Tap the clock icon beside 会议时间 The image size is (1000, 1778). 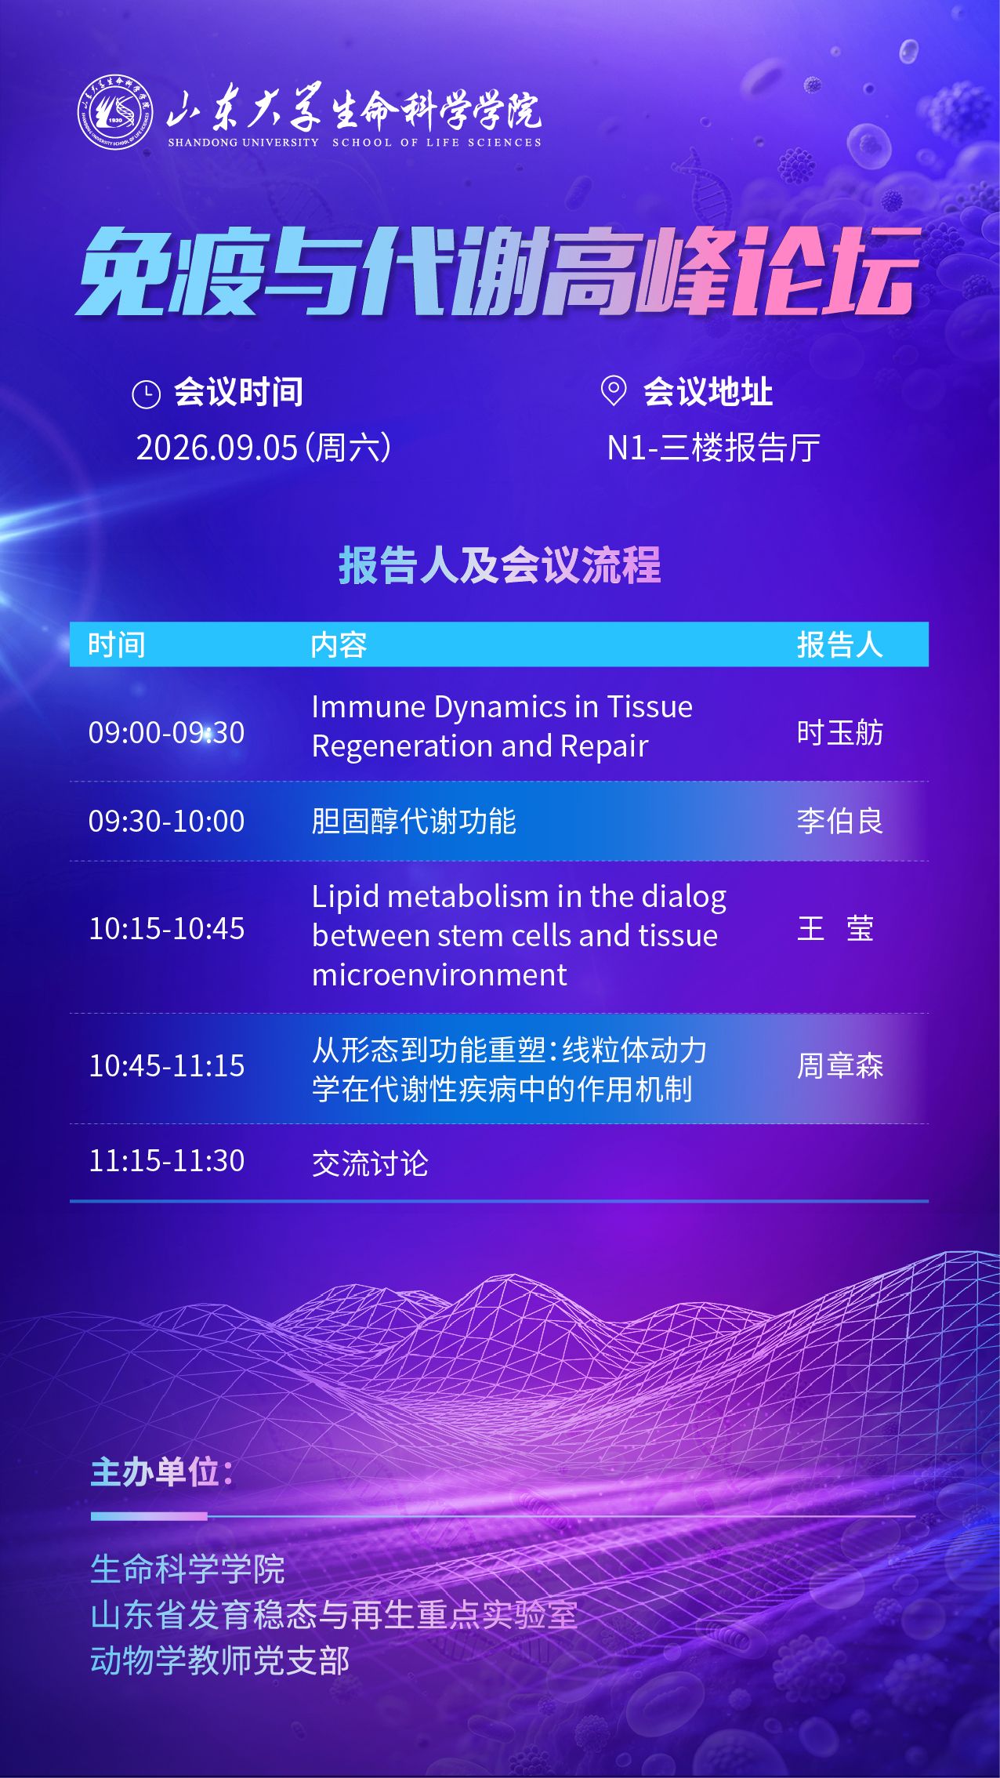pyautogui.click(x=147, y=394)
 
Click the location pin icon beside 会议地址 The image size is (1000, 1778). pyautogui.click(x=613, y=390)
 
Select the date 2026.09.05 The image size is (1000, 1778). pyautogui.click(x=217, y=448)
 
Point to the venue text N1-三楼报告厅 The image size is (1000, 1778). pyautogui.click(x=713, y=448)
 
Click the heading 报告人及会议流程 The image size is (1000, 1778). pyautogui.click(x=500, y=565)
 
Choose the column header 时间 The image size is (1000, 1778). pyautogui.click(x=117, y=644)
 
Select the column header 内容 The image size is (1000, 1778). pyautogui.click(x=339, y=644)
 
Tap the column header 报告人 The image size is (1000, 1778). pyautogui.click(x=840, y=644)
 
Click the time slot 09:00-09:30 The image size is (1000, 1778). pyautogui.click(x=167, y=732)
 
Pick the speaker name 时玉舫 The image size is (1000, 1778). pyautogui.click(x=840, y=732)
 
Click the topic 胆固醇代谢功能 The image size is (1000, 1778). pyautogui.click(x=414, y=821)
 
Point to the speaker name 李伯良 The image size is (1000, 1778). pyautogui.click(x=840, y=821)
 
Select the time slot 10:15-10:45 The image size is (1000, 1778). pyautogui.click(x=167, y=928)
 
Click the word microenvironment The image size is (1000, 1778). pyautogui.click(x=440, y=974)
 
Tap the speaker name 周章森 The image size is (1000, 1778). pyautogui.click(x=840, y=1065)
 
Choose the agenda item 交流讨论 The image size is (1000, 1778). pyautogui.click(x=370, y=1163)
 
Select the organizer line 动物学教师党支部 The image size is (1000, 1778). pyautogui.click(x=220, y=1660)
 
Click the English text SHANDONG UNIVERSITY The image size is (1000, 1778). pyautogui.click(x=244, y=143)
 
